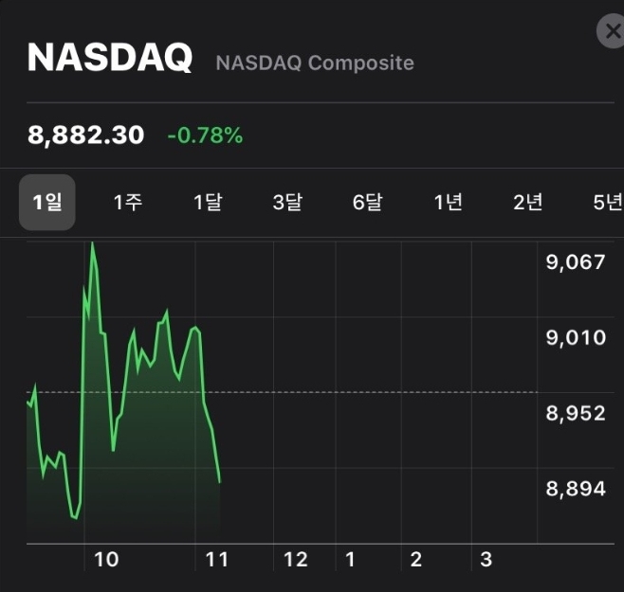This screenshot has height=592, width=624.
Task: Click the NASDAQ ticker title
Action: pos(110,59)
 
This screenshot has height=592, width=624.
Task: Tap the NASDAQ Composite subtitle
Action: pos(315,63)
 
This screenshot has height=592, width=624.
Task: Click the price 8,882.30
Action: pos(86,135)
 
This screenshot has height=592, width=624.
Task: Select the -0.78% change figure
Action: pos(205,136)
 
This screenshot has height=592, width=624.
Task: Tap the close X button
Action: pos(611,32)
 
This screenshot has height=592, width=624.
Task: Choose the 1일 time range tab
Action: pos(47,202)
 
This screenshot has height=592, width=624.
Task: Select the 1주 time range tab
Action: pos(128,202)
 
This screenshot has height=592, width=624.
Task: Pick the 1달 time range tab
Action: pos(208,202)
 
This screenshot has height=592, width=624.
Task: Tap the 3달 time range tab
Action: pos(287,202)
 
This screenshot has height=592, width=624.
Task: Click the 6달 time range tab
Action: pos(367,202)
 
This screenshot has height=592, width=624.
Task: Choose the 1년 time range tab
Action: pos(448,202)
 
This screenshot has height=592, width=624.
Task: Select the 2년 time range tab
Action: pos(527,202)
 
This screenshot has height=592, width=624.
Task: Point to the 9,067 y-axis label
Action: pos(575,261)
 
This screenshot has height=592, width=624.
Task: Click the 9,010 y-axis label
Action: pos(575,337)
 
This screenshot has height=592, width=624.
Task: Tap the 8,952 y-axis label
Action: pos(575,413)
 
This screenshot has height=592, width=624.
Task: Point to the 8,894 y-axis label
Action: pos(575,489)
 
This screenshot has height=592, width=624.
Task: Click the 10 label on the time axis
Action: pos(106,560)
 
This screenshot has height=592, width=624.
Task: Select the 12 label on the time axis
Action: pos(296,560)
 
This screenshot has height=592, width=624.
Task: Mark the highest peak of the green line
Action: pos(92,242)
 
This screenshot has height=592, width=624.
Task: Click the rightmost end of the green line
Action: pos(220,482)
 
